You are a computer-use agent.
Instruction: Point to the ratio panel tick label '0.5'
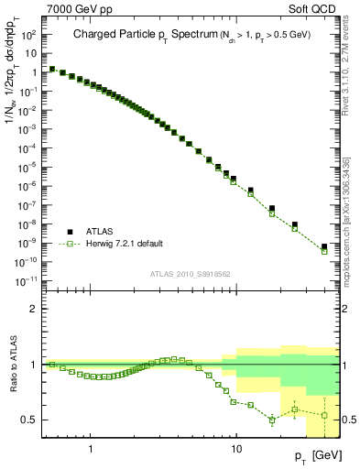tap(28, 420)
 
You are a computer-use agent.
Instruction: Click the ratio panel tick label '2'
tap(33, 309)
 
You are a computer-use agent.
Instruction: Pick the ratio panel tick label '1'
tap(33, 365)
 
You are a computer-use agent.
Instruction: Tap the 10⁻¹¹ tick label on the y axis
tap(26, 280)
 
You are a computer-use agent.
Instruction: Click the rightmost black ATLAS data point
tap(324, 245)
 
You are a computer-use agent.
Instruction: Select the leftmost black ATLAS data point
tap(51, 68)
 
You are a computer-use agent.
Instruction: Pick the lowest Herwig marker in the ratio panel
tap(272, 420)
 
